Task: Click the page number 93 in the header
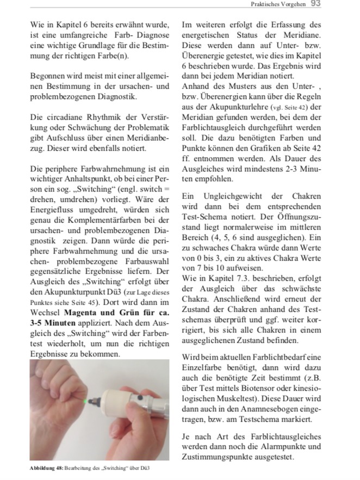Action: (x=315, y=4)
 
